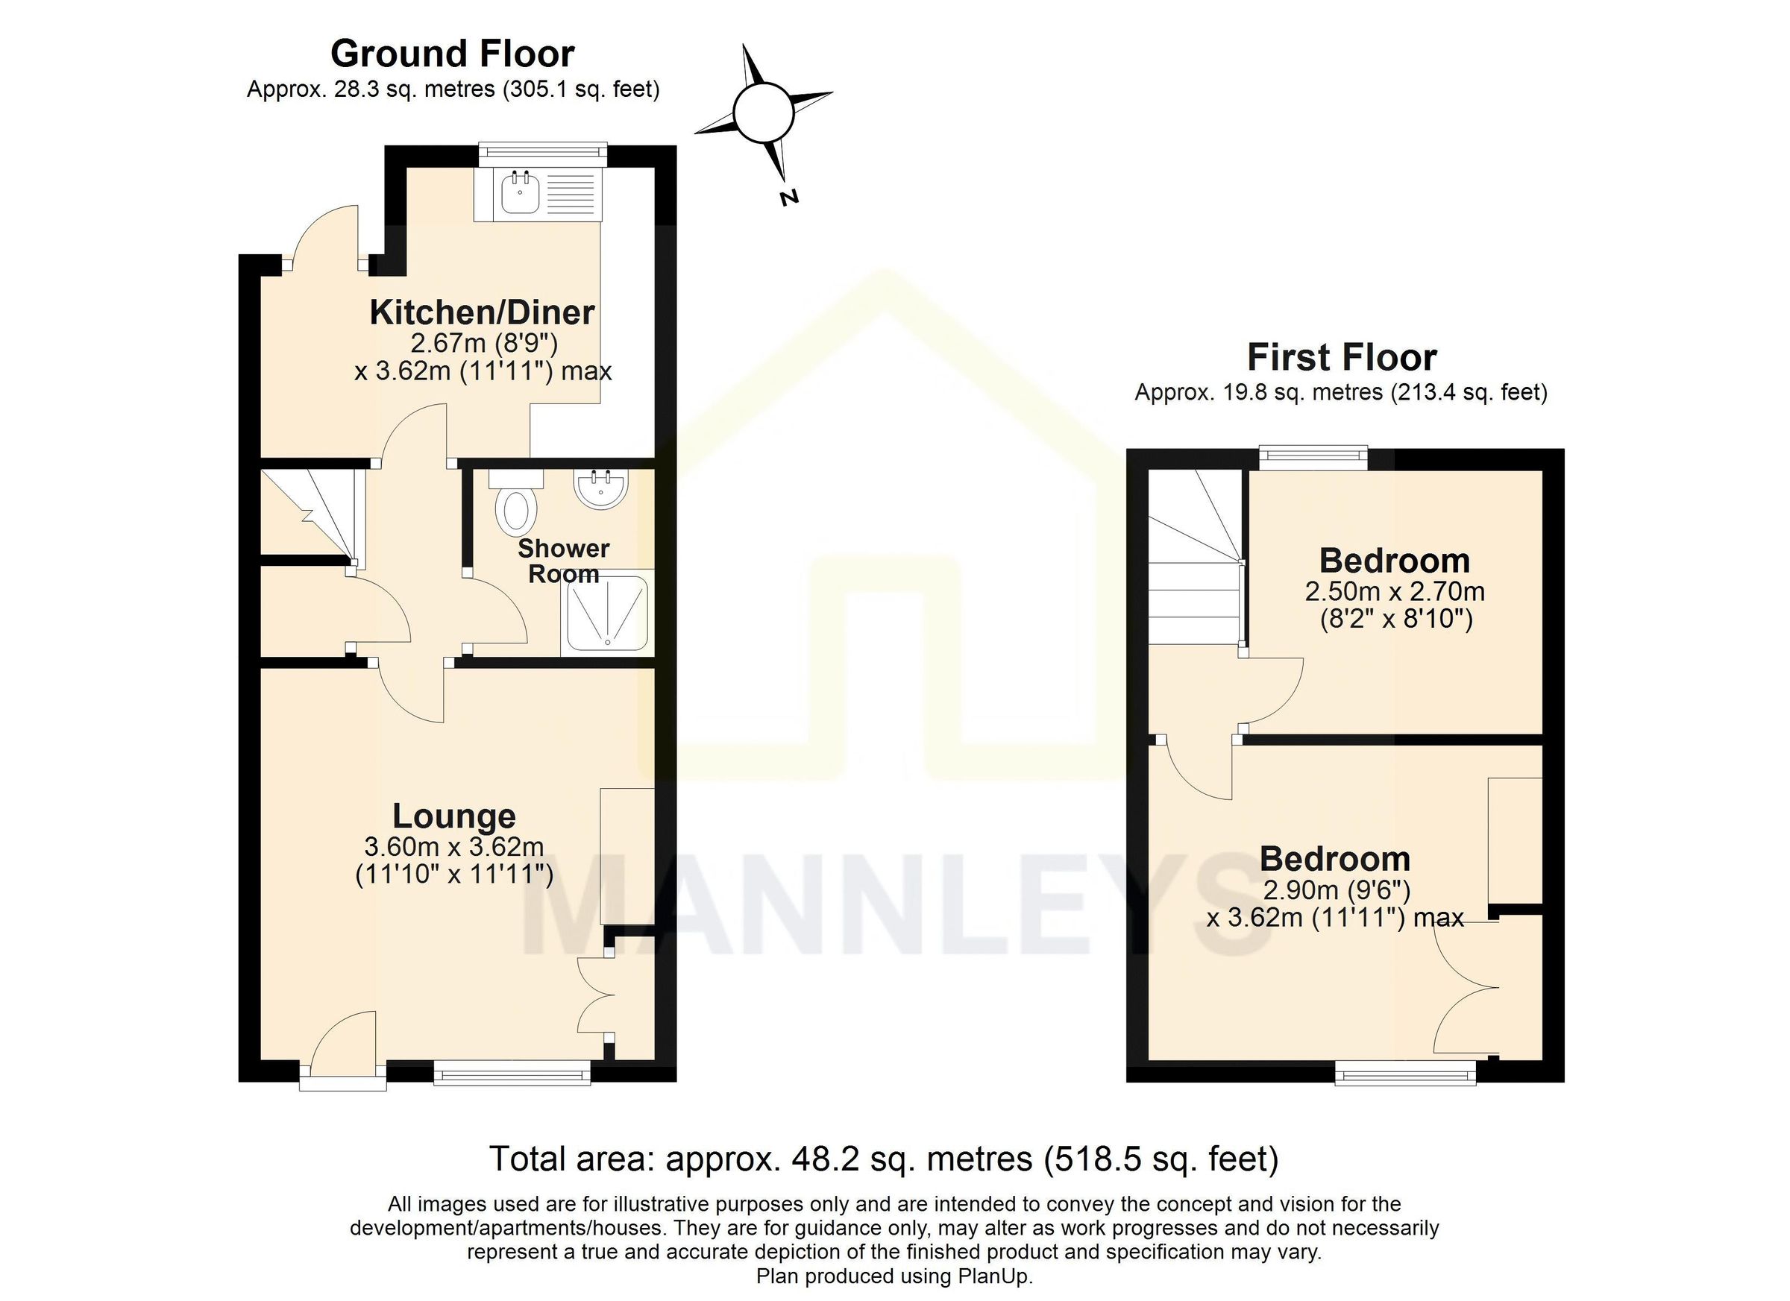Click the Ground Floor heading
[x=452, y=54]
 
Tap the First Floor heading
[x=1341, y=357]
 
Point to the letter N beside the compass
[x=788, y=198]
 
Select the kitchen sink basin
[x=519, y=194]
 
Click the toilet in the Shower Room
[x=517, y=509]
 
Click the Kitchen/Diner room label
[x=482, y=312]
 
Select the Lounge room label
[x=453, y=816]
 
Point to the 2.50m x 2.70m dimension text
[x=1395, y=591]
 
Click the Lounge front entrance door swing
[x=345, y=1042]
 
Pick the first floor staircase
[x=1193, y=560]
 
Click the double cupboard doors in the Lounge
[x=595, y=995]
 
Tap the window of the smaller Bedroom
[x=1313, y=456]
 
